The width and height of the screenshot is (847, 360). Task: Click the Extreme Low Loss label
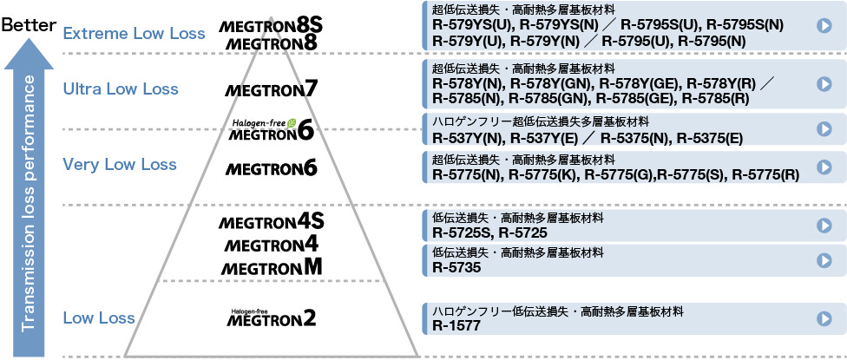click(134, 34)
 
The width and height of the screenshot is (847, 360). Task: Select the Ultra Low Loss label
click(121, 88)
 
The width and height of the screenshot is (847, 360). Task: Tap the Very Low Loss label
click(120, 164)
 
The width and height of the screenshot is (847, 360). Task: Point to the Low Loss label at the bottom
click(99, 318)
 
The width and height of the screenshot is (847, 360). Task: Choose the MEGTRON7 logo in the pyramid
click(271, 88)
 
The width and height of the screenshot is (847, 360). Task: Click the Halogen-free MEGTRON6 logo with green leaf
click(272, 130)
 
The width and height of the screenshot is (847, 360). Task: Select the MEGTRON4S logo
click(272, 222)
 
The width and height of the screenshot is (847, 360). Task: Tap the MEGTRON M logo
click(271, 268)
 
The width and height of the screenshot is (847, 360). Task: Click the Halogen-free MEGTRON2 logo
click(271, 318)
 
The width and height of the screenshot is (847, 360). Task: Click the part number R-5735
click(456, 267)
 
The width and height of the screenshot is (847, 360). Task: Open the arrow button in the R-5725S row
click(824, 226)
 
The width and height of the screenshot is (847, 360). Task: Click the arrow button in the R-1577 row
click(824, 318)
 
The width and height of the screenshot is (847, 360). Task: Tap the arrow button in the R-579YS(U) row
click(824, 25)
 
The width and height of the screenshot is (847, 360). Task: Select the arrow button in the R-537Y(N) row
click(824, 128)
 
